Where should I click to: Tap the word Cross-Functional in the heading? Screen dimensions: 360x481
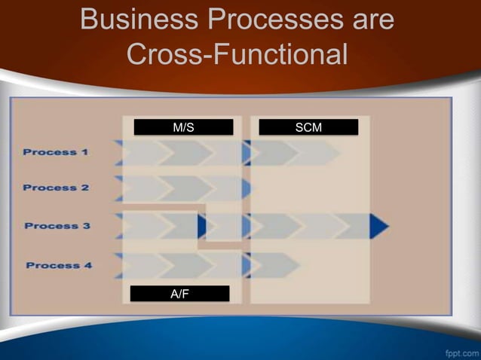pos(237,54)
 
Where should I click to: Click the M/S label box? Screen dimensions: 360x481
pos(183,127)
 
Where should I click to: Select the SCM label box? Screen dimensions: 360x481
pos(308,127)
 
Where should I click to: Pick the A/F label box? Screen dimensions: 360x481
pos(179,294)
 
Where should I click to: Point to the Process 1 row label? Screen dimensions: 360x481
pos(56,152)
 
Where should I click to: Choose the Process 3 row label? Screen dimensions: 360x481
pos(57,226)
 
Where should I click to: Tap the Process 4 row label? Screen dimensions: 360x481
pos(59,265)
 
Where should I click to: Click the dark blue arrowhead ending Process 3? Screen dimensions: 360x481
pos(379,226)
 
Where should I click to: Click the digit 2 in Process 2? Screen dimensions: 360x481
pos(85,188)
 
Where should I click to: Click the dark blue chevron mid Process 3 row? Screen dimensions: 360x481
pos(202,226)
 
